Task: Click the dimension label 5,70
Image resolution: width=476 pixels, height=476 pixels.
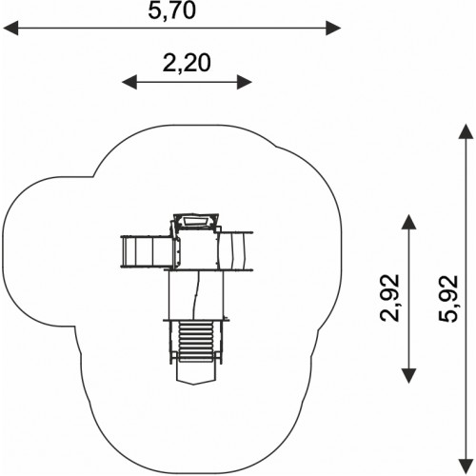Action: pyautogui.click(x=171, y=10)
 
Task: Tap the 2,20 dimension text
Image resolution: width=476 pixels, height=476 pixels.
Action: pyautogui.click(x=187, y=63)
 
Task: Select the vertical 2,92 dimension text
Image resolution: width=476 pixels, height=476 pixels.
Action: pyautogui.click(x=389, y=298)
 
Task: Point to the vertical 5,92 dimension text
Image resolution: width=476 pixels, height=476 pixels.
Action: pyautogui.click(x=448, y=299)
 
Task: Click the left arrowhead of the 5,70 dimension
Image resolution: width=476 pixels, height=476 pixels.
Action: pyautogui.click(x=10, y=28)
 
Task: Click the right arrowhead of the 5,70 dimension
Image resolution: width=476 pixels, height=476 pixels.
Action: pyautogui.click(x=333, y=28)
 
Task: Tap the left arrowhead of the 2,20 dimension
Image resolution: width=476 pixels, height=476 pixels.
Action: pyautogui.click(x=129, y=82)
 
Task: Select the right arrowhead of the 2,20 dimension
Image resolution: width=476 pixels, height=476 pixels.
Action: pyautogui.click(x=245, y=82)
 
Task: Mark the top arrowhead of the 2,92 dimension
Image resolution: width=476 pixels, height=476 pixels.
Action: pyautogui.click(x=408, y=222)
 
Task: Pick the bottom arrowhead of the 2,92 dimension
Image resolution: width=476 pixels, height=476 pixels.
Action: pyautogui.click(x=408, y=376)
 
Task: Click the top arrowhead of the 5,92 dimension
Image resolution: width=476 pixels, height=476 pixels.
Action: pyautogui.click(x=466, y=131)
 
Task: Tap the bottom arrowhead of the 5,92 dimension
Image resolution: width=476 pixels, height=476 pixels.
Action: pyautogui.click(x=466, y=466)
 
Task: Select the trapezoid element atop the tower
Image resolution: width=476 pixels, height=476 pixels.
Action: pyautogui.click(x=196, y=221)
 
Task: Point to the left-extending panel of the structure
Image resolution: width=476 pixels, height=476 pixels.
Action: pyautogui.click(x=147, y=252)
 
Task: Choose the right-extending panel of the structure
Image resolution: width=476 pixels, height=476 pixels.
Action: pyautogui.click(x=236, y=251)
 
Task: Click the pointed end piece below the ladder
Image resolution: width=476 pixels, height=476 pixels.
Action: pyautogui.click(x=194, y=373)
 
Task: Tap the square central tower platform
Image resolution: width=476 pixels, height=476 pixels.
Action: pyautogui.click(x=197, y=249)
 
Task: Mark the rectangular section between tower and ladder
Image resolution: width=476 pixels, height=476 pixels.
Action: pyautogui.click(x=196, y=295)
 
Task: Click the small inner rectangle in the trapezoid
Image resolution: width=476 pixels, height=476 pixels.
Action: pyautogui.click(x=195, y=221)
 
